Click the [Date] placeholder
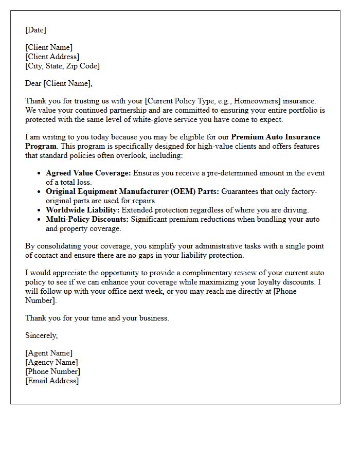[x=35, y=30]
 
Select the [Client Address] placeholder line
[x=52, y=57]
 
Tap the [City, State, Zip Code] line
[x=62, y=66]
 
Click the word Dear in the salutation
[x=33, y=83]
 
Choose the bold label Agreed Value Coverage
[x=88, y=173]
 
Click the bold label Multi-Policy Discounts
[x=87, y=219]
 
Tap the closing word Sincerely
[x=41, y=335]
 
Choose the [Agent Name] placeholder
[x=49, y=353]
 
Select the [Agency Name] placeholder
[x=51, y=362]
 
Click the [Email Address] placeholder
[x=52, y=381]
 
